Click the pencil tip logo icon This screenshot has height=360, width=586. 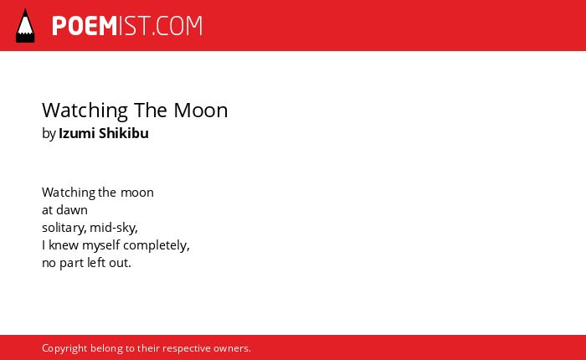point(25,26)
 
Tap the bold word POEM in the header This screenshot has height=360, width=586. point(85,26)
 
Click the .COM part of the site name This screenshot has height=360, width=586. point(177,26)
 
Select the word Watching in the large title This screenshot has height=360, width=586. point(85,111)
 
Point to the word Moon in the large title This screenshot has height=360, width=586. point(201,111)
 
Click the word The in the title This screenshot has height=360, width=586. point(150,111)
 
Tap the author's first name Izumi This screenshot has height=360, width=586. point(77,133)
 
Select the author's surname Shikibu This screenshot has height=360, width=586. point(124,133)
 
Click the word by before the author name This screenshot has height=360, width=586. point(49,134)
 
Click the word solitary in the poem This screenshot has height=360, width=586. point(64,228)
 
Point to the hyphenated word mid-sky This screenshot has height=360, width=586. point(114,228)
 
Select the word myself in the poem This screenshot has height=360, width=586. point(101,246)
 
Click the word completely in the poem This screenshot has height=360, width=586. point(157,246)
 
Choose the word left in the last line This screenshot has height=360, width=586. point(96,263)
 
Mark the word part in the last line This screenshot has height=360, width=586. point(72,264)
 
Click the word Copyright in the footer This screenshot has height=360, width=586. point(64,349)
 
